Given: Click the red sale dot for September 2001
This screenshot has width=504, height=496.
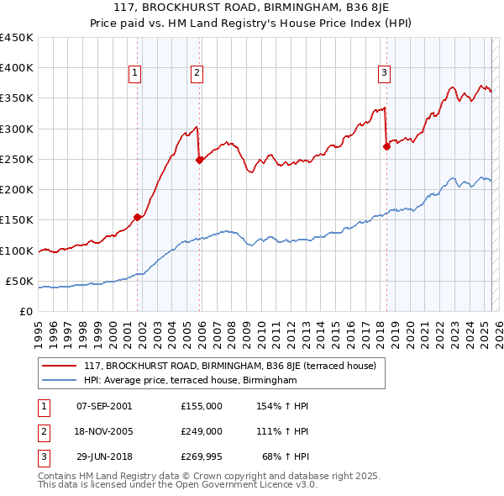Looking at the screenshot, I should pyautogui.click(x=137, y=217).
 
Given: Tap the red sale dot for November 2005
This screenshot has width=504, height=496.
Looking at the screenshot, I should pyautogui.click(x=199, y=160).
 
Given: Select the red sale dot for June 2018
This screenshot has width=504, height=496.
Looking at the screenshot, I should pyautogui.click(x=386, y=146).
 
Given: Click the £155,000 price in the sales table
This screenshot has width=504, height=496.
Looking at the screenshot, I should pyautogui.click(x=201, y=405).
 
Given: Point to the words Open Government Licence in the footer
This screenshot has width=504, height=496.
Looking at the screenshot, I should pyautogui.click(x=243, y=485).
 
